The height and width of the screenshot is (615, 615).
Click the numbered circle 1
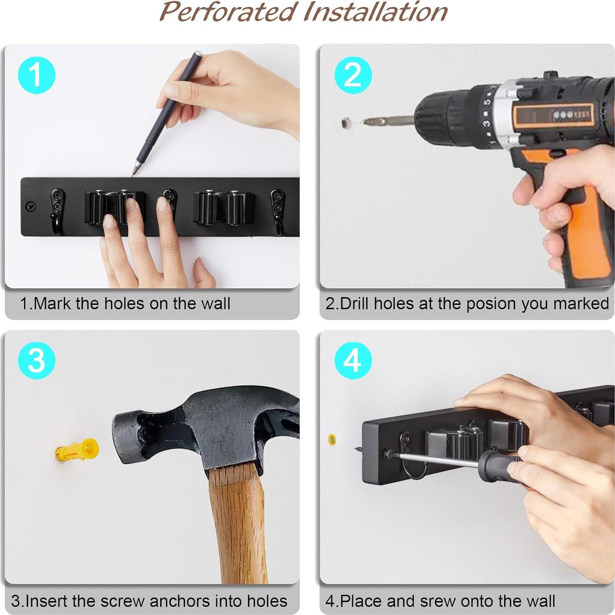pos(36,75)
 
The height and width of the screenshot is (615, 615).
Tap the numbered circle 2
pos(353,75)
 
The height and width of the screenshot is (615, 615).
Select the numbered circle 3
pos(36,360)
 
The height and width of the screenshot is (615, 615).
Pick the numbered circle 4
pos(353,360)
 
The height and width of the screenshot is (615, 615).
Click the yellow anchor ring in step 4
pos(332,440)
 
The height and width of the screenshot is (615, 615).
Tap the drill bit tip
pos(362,122)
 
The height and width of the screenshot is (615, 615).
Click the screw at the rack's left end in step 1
pos(31,206)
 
